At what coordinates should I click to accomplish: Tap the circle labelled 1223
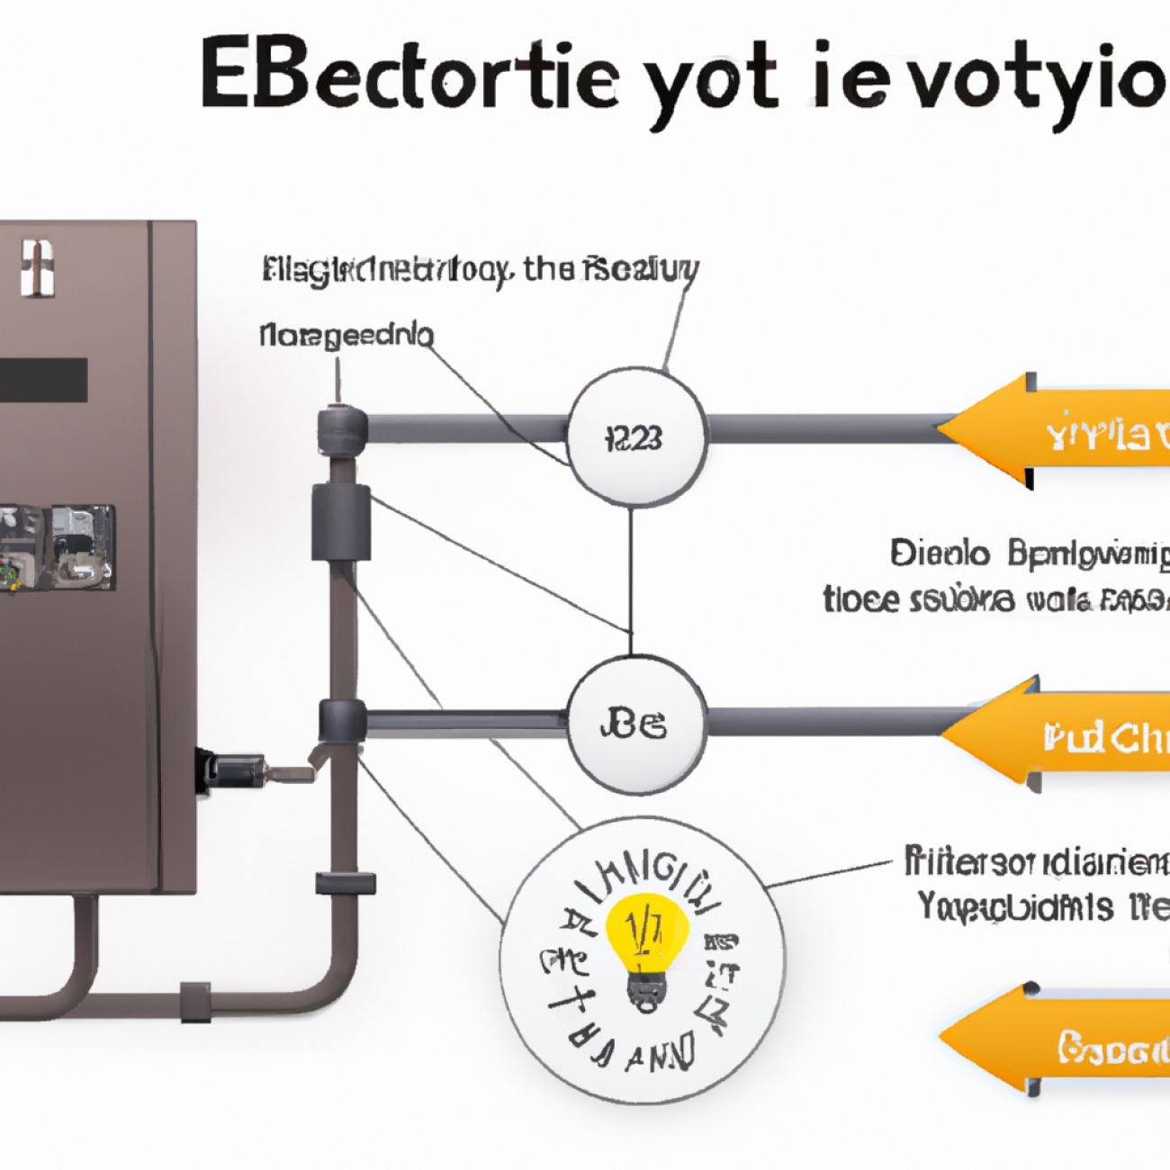pos(636,437)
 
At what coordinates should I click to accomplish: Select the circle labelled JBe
pos(636,724)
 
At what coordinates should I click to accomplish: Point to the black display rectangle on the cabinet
pos(43,380)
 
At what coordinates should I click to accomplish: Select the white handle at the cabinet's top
pos(37,268)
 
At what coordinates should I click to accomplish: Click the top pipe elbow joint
pos(342,428)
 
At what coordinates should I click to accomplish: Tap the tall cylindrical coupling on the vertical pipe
pos(341,523)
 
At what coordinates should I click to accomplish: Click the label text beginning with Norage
pos(346,336)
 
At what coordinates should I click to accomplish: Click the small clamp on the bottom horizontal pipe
pos(195,1002)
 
